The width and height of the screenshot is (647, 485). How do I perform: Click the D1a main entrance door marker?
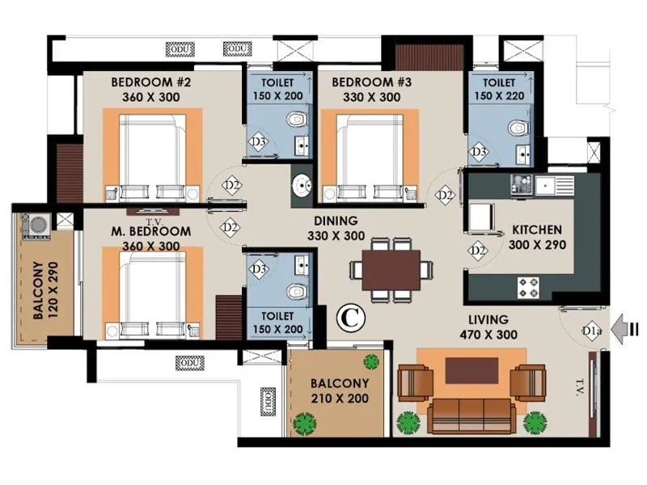coord(592,329)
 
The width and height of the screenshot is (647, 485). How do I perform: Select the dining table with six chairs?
coord(391,270)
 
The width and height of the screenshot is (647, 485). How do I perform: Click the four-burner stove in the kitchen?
coord(529,285)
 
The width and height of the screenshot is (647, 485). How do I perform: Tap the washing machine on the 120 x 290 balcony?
coord(36,224)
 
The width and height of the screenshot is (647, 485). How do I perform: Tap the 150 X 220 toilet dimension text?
coord(499,97)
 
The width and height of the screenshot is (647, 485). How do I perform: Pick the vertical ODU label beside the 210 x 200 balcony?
coord(267,402)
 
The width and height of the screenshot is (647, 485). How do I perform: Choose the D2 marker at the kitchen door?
coord(479,251)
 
